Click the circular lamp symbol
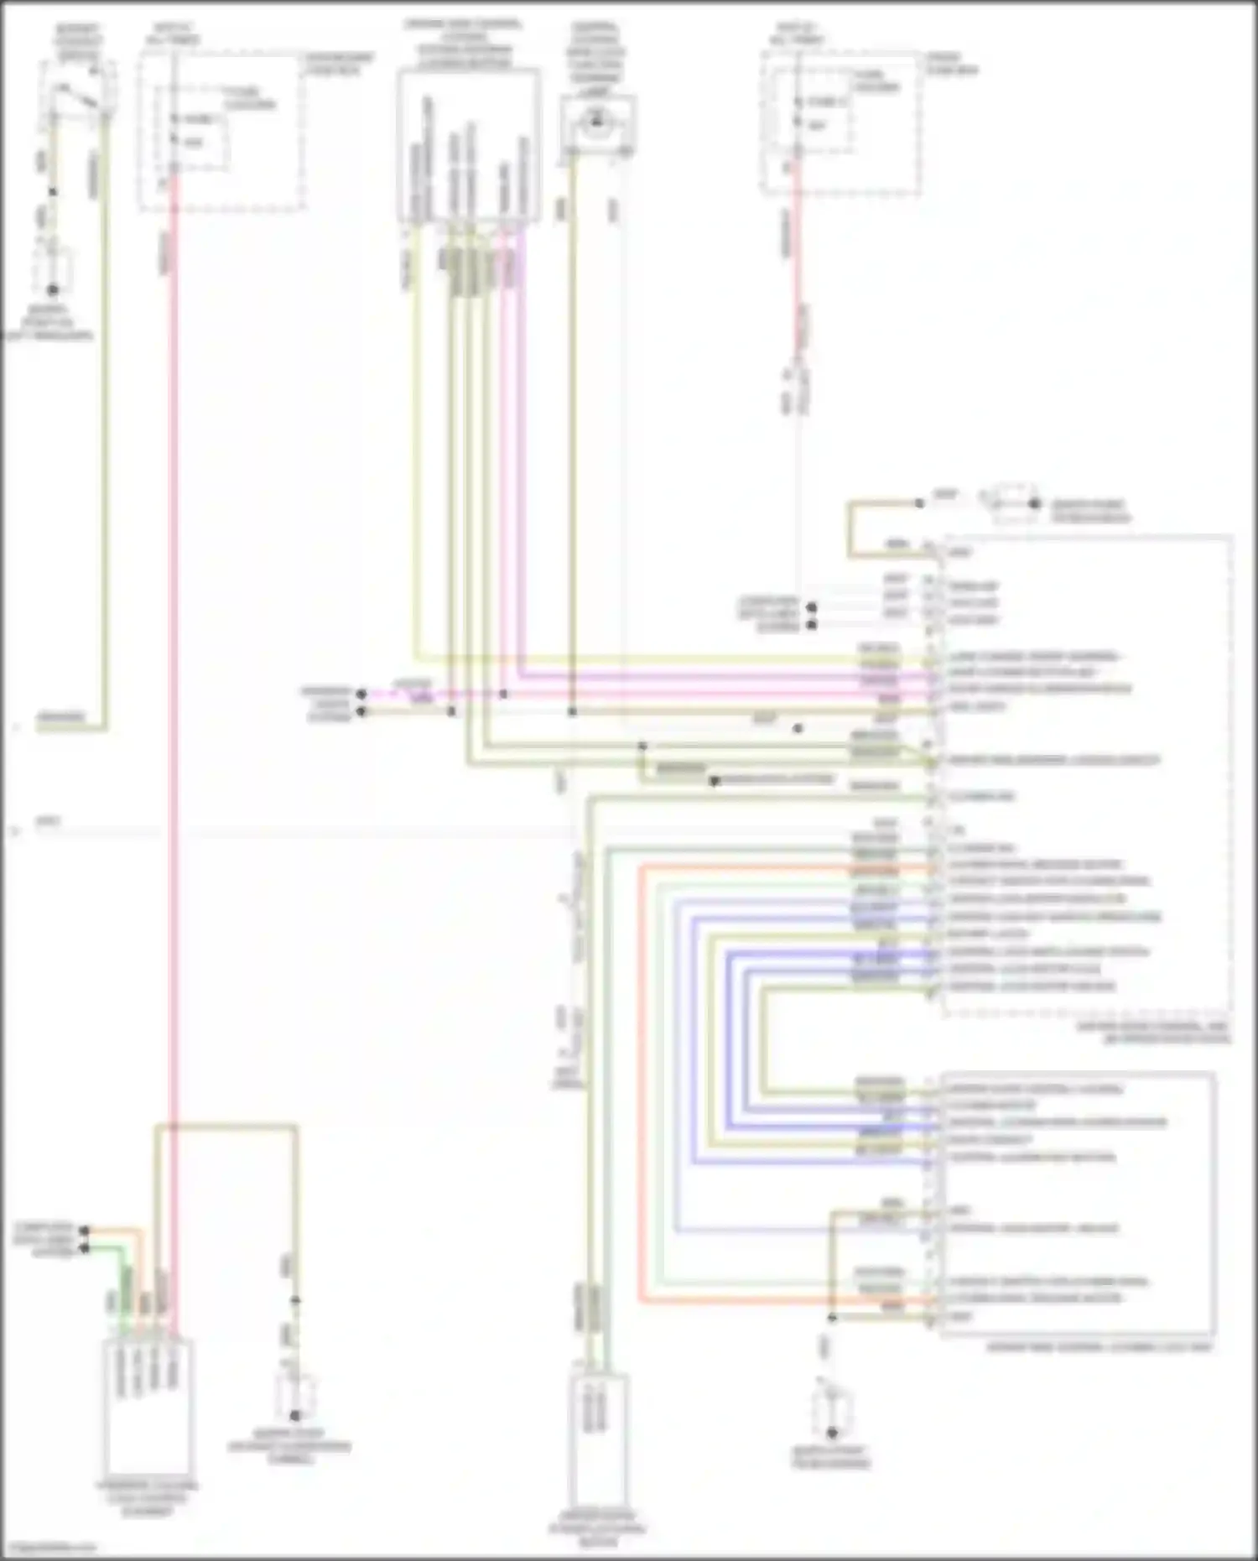click(597, 123)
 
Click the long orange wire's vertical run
click(641, 1082)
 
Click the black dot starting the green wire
click(84, 1249)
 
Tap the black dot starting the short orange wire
click(84, 1231)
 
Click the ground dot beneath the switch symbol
click(52, 289)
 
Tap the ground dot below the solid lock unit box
click(831, 1434)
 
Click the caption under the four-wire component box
click(148, 1498)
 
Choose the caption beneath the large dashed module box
click(1166, 1033)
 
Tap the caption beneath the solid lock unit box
click(1099, 1347)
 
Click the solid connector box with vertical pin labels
click(468, 147)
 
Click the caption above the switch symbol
click(77, 42)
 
